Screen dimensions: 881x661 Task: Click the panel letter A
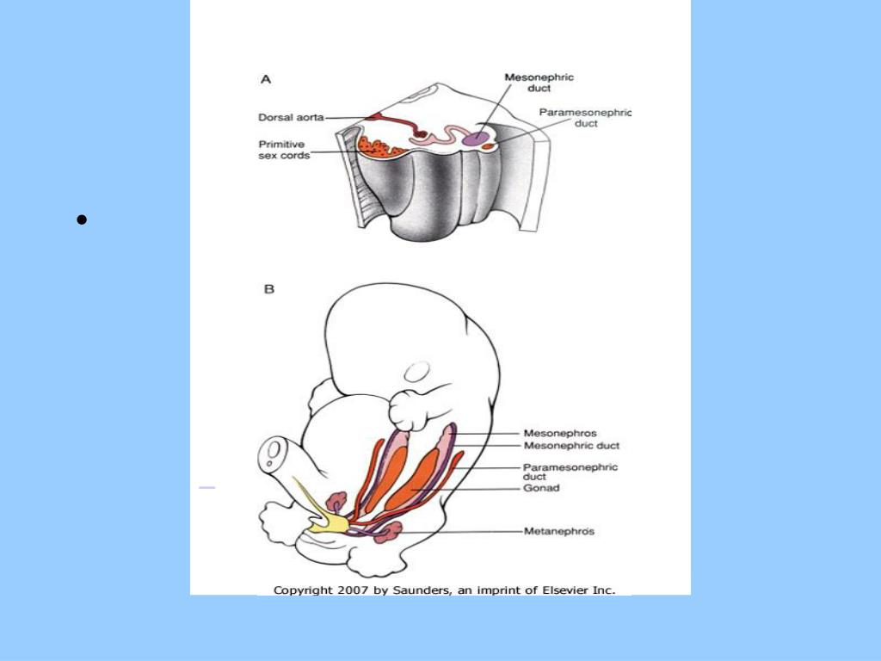click(266, 79)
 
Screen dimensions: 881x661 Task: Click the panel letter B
click(268, 290)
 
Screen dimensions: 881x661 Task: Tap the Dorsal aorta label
click(291, 118)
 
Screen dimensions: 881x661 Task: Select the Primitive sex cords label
click(284, 150)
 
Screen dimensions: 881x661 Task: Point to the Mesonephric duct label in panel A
click(539, 83)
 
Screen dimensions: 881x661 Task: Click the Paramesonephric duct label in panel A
click(585, 118)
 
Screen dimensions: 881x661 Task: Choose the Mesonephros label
click(560, 433)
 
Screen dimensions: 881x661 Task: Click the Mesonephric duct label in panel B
click(571, 446)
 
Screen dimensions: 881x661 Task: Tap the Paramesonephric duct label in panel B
click(570, 471)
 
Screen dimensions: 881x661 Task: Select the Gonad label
click(541, 488)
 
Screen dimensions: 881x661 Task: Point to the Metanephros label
click(559, 531)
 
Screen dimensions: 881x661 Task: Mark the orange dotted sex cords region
click(377, 146)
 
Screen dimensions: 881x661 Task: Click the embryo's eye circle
click(417, 372)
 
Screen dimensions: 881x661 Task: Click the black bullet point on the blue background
click(82, 220)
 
